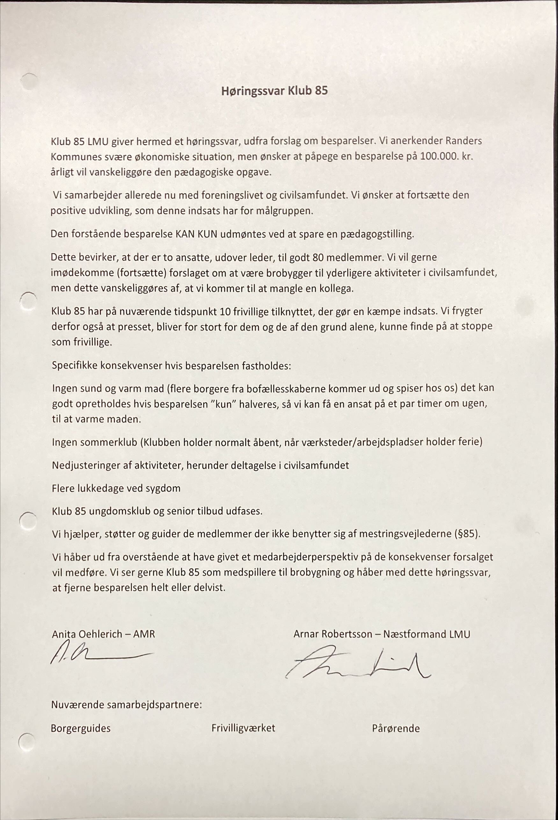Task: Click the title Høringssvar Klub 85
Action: (x=274, y=91)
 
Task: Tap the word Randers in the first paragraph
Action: (x=463, y=141)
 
